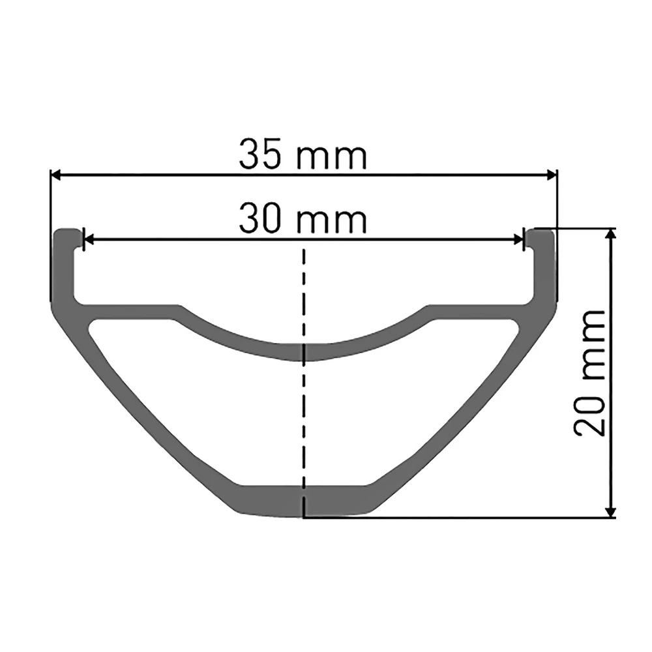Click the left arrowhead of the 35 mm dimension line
point(56,175)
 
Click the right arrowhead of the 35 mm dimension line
point(552,175)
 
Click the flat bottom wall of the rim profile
point(304,501)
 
